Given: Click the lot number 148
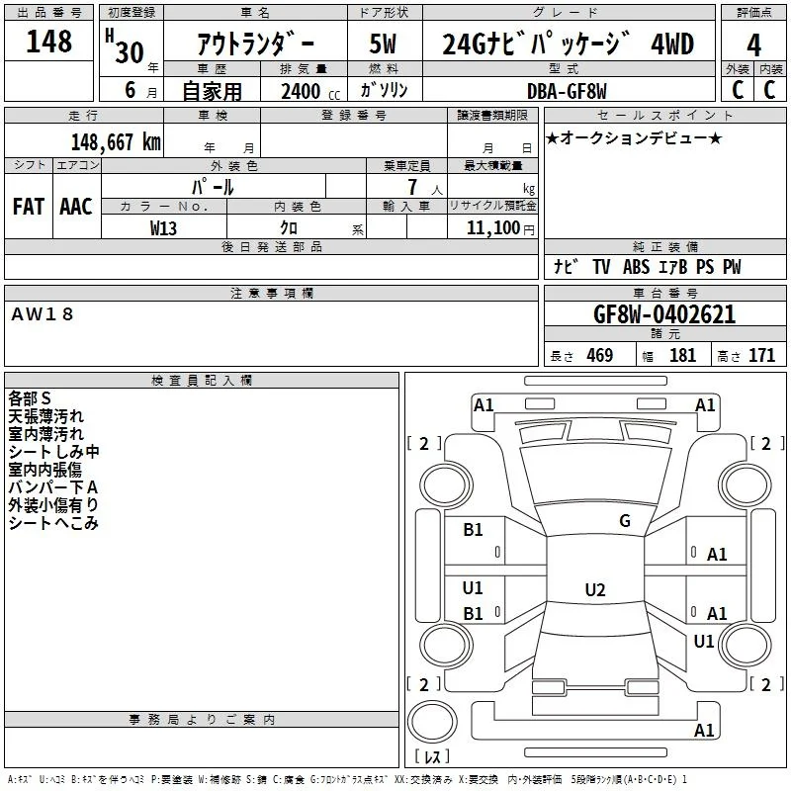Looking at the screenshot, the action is [48, 42].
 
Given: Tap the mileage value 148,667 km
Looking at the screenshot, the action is [116, 142].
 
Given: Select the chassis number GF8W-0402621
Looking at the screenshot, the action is [664, 314].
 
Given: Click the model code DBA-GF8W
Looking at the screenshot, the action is [567, 91].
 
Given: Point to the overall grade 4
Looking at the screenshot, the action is [753, 45].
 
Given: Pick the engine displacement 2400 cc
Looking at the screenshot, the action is [310, 91].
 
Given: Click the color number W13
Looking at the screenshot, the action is [163, 228].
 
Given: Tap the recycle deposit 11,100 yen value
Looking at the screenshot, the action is [500, 228].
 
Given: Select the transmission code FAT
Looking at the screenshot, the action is [29, 207].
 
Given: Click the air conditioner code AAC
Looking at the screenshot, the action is [76, 207].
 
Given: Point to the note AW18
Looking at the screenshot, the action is [43, 314].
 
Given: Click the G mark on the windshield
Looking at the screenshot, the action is [625, 521].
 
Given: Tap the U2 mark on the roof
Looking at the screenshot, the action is [595, 589].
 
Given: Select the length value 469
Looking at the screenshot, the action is [599, 355].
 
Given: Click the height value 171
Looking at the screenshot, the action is [761, 355].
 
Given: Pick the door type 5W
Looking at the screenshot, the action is [383, 44].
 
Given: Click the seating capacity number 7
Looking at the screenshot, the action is [412, 187].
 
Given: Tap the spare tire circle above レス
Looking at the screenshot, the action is [432, 722].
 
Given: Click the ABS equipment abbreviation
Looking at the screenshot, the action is [636, 267].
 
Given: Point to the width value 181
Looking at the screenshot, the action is [682, 355].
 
